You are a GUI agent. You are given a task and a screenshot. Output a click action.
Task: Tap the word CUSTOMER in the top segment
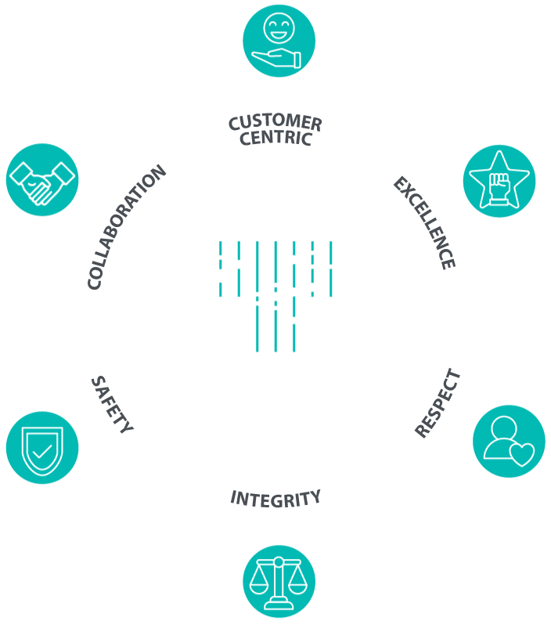pos(275,123)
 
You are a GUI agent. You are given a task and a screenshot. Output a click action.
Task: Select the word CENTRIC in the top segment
pos(275,139)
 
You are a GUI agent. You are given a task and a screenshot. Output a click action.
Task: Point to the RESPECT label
pos(438,404)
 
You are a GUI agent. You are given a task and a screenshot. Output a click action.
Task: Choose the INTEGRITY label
pos(275,497)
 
